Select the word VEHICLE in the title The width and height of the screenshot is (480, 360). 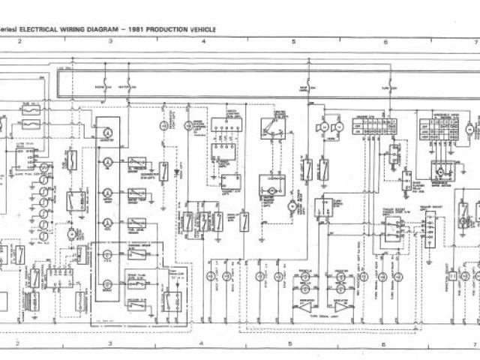[x=202, y=29]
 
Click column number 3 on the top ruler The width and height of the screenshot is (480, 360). [x=110, y=41]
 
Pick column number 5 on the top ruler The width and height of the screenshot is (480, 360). [x=293, y=41]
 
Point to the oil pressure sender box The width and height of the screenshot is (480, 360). [x=137, y=163]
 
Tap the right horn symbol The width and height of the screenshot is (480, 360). [x=338, y=129]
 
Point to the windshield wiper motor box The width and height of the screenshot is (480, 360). [x=437, y=170]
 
